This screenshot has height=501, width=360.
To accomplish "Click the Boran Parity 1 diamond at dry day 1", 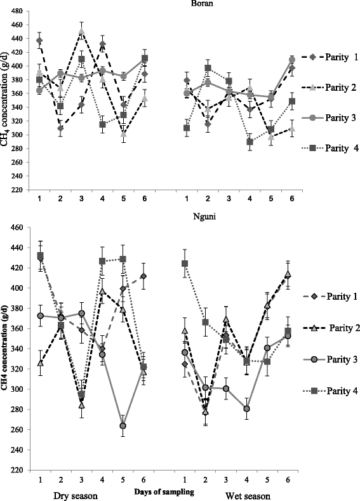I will coord(39,41).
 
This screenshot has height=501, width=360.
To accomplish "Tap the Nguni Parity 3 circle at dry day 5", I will coord(122,425).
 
